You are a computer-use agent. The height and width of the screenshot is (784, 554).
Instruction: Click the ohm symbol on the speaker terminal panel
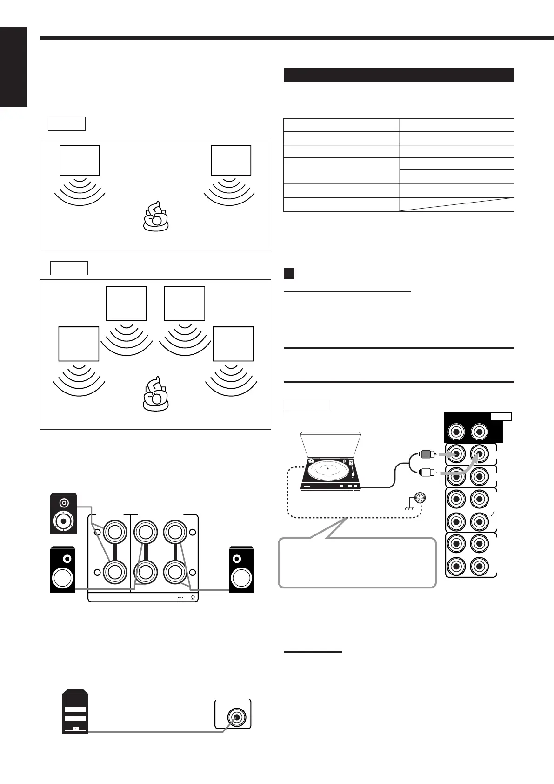point(193,598)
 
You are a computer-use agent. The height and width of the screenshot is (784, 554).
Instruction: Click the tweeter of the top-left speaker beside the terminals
point(64,503)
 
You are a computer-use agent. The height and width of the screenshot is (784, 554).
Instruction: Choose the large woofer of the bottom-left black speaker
point(63,578)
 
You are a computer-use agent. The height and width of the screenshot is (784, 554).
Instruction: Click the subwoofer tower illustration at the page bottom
point(74,711)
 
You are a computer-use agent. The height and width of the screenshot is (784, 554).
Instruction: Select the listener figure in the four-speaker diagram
point(156,395)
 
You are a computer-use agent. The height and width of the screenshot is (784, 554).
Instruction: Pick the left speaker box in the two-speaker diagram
point(80,160)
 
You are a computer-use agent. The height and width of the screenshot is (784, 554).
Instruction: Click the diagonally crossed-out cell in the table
point(456,204)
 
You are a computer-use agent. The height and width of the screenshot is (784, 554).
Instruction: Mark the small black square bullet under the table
point(289,273)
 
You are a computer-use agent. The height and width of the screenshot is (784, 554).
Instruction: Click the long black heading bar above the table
point(399,75)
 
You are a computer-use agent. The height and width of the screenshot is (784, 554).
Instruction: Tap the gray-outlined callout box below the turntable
point(357,563)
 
